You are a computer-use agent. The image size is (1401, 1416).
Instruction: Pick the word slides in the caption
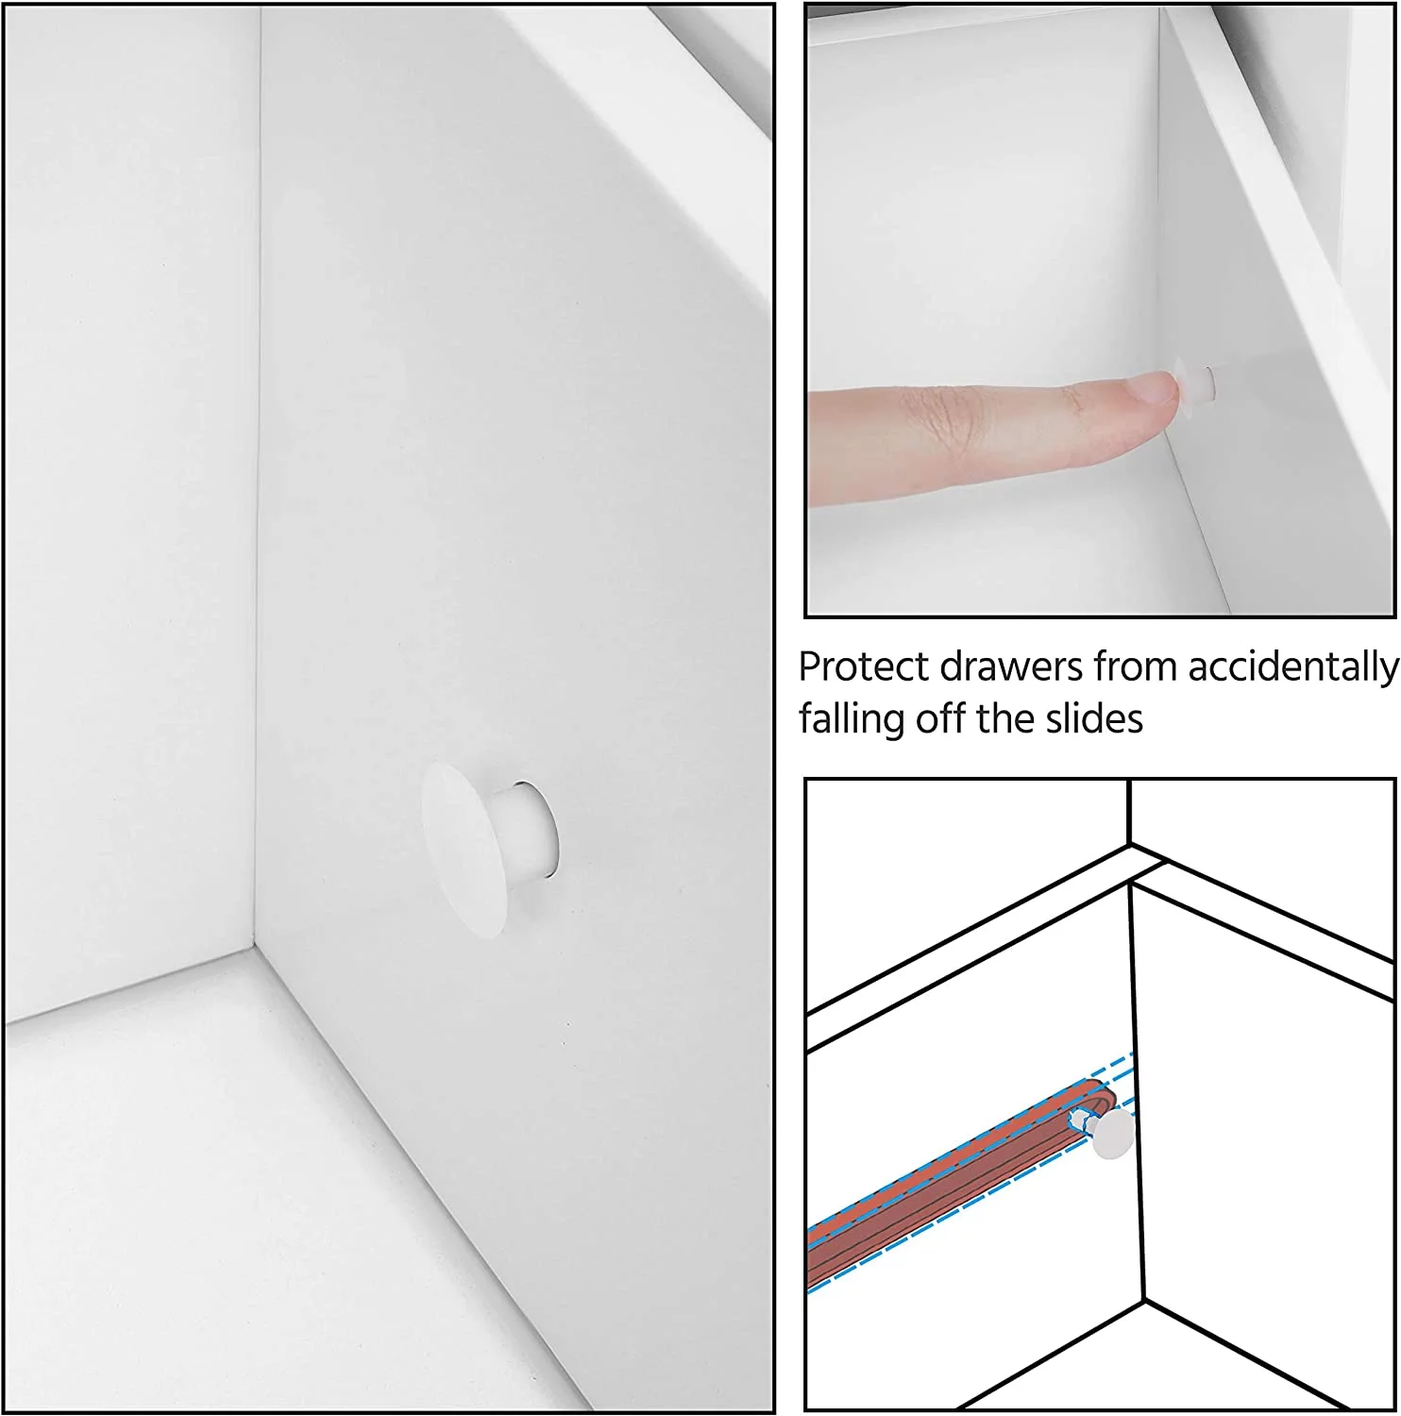pos(1094,718)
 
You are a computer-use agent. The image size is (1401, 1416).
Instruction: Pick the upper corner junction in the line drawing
pos(1130,844)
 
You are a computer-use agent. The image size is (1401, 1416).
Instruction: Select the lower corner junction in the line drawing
pos(1144,1301)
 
